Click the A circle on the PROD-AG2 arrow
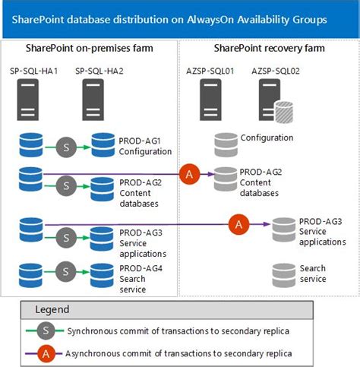coord(189,175)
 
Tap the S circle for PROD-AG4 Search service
coord(65,273)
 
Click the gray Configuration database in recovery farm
coord(226,141)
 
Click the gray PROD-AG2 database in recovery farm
coord(226,178)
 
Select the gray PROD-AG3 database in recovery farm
coord(283,226)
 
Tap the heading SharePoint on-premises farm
coord(89,49)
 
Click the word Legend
coord(52,309)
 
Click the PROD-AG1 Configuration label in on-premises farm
coord(145,145)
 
